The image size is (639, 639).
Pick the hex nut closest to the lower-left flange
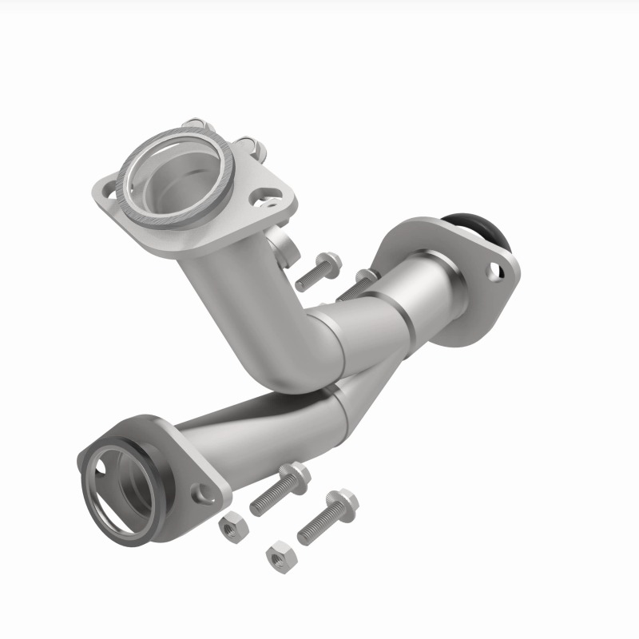232,526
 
